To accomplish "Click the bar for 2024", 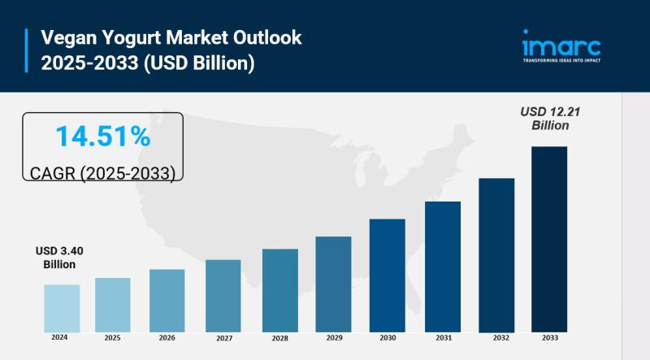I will [62, 308].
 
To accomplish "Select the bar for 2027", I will [223, 296].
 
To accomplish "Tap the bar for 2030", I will [387, 275].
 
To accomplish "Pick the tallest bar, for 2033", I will [549, 239].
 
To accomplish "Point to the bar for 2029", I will [333, 284].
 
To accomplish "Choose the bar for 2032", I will [496, 255].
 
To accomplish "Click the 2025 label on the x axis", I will [112, 337].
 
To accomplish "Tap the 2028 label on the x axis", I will [279, 338].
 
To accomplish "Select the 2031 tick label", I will [442, 337].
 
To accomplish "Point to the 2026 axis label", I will [167, 337].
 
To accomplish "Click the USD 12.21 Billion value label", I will [550, 119].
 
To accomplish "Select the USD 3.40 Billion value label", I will [59, 258].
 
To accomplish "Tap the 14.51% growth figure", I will [102, 137].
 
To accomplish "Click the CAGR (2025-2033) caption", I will [102, 173].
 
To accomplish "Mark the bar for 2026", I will [167, 301].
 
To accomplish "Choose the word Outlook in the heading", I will [267, 37].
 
